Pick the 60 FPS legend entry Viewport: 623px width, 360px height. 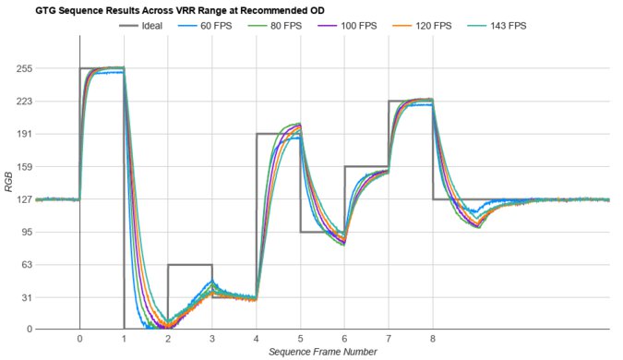pos(217,25)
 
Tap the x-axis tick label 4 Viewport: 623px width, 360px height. pos(256,339)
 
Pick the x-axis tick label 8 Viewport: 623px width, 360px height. pos(432,339)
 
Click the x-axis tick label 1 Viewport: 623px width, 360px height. pos(124,339)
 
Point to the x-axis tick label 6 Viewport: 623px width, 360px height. pos(344,339)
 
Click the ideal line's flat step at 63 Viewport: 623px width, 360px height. pos(189,265)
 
